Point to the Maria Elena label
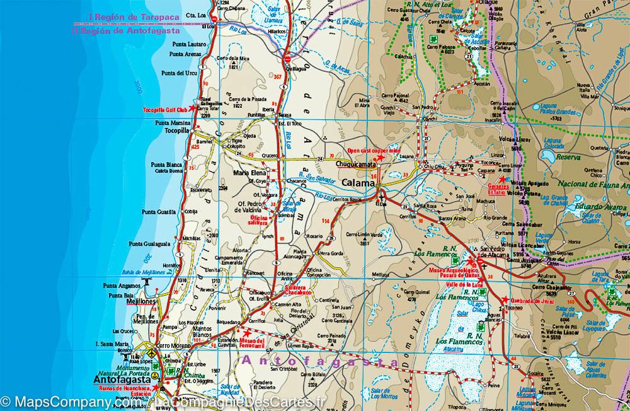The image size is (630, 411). [248, 172]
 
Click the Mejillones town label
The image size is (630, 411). [141, 302]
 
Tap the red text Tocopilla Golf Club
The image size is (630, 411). [166, 110]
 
